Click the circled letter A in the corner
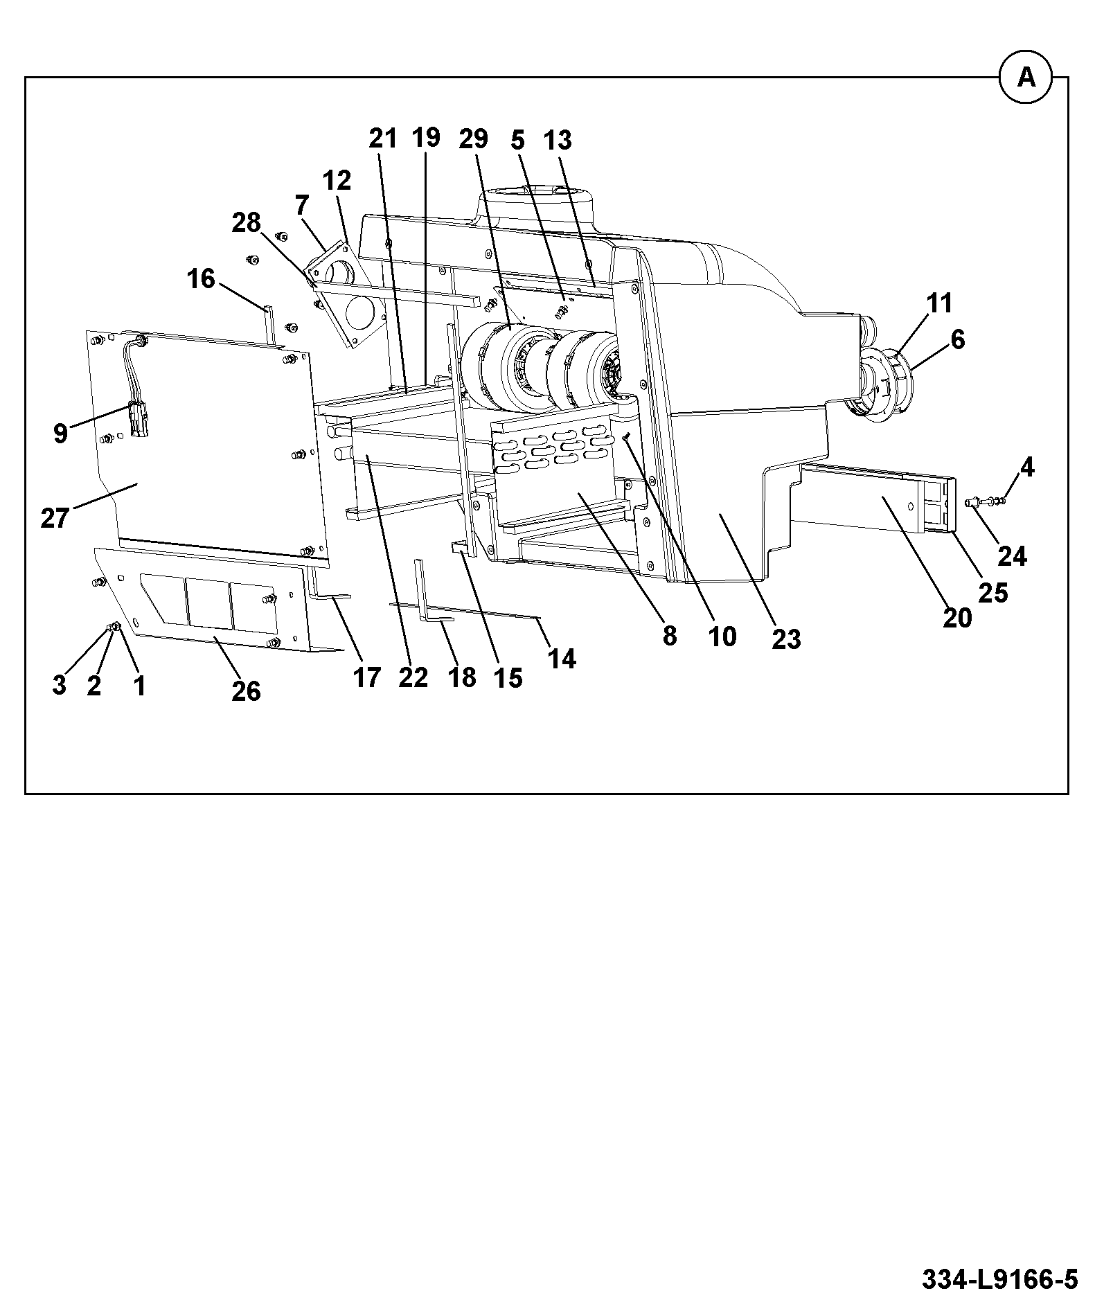pos(1026,78)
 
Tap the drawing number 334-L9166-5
pos(999,1279)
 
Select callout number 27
pos(55,517)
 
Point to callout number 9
pos(60,434)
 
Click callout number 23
pos(786,639)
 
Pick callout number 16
pos(201,279)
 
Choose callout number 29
pos(473,139)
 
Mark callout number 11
pos(940,303)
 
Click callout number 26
pos(246,691)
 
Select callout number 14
pos(562,659)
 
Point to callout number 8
pos(669,636)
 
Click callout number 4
pos(1027,468)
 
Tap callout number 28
pos(246,223)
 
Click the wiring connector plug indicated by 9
pos(139,420)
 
